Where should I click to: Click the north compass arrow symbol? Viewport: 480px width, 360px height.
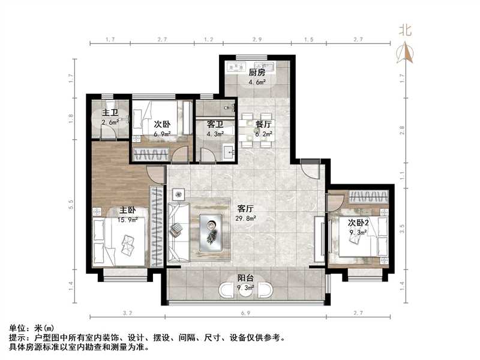(x=407, y=53)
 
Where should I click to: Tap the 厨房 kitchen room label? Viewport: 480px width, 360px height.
(x=257, y=72)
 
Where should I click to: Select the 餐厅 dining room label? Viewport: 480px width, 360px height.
(x=264, y=125)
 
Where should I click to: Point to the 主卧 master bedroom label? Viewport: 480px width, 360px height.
(x=127, y=210)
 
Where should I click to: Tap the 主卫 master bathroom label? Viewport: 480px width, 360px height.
(x=109, y=113)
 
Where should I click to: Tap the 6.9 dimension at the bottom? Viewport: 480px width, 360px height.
(x=246, y=314)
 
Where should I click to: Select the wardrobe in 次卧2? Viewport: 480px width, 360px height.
(x=368, y=196)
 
